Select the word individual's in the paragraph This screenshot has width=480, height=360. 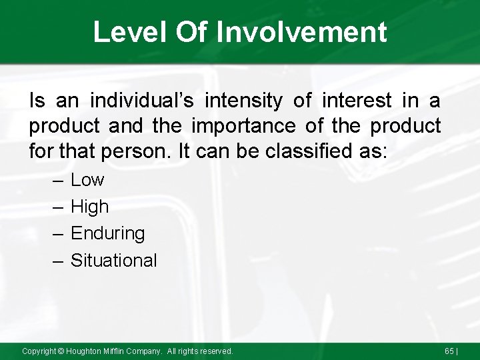pyautogui.click(x=141, y=101)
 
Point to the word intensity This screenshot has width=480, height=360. pyautogui.click(x=245, y=101)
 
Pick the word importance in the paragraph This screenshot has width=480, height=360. pyautogui.click(x=257, y=126)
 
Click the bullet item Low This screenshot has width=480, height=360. pyautogui.click(x=87, y=180)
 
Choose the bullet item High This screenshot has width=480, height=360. pyautogui.click(x=89, y=207)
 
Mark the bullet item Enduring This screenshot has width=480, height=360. pyautogui.click(x=107, y=233)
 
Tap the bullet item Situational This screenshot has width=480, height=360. pyautogui.click(x=113, y=260)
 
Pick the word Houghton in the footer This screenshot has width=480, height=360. pyautogui.click(x=83, y=351)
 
